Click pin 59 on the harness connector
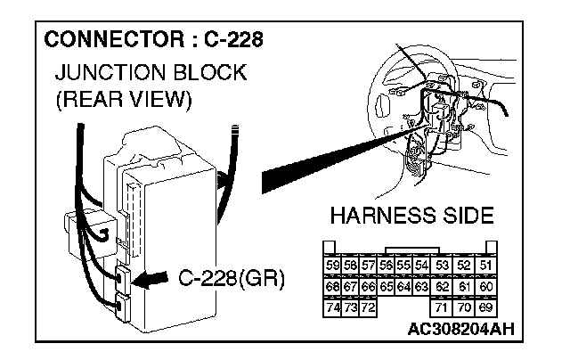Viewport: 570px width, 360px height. (x=332, y=265)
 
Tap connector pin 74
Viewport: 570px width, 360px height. (x=332, y=307)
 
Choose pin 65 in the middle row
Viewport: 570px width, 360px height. (x=387, y=286)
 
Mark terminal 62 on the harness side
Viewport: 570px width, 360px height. (x=443, y=286)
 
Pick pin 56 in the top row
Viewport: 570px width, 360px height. (x=387, y=265)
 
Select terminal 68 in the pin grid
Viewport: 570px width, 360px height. (x=332, y=286)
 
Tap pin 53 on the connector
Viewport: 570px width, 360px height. (x=443, y=265)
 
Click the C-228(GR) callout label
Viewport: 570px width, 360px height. (x=230, y=280)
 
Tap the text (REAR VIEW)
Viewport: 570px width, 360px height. (x=123, y=100)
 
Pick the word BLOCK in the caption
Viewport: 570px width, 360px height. (x=208, y=72)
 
